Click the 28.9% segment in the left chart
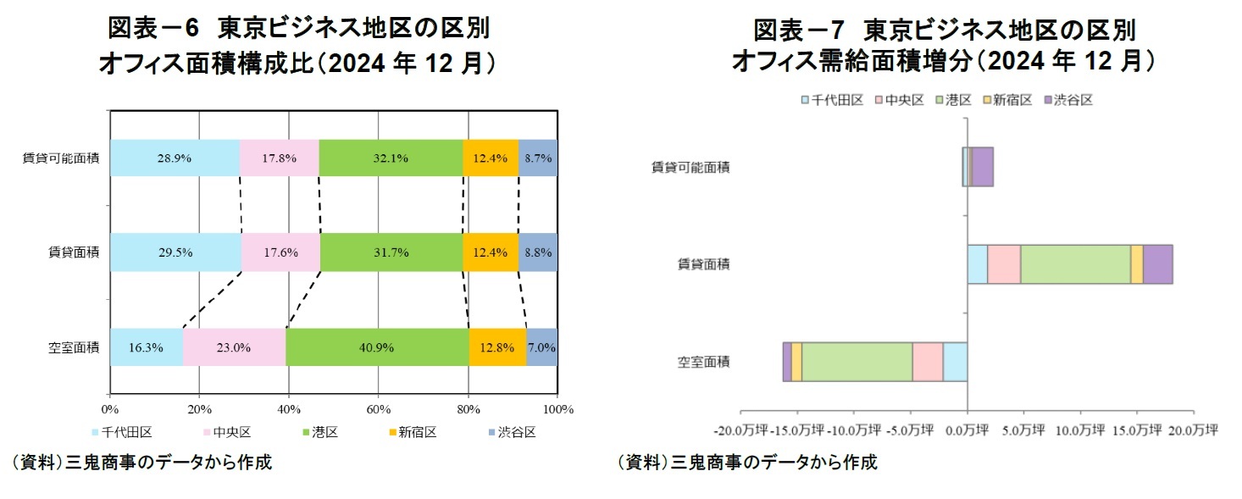175,158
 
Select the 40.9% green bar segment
378,347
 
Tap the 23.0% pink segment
235,347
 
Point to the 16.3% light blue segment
147,347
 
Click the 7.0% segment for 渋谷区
542,347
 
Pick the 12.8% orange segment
497,347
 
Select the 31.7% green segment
391,252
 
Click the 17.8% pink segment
280,158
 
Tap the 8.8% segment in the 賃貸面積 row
538,252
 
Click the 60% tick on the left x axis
378,409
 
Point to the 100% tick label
557,409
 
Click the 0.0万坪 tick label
967,430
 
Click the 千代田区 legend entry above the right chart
832,100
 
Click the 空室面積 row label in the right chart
703,362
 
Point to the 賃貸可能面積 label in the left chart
61,158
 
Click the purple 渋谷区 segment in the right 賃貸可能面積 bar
982,166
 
